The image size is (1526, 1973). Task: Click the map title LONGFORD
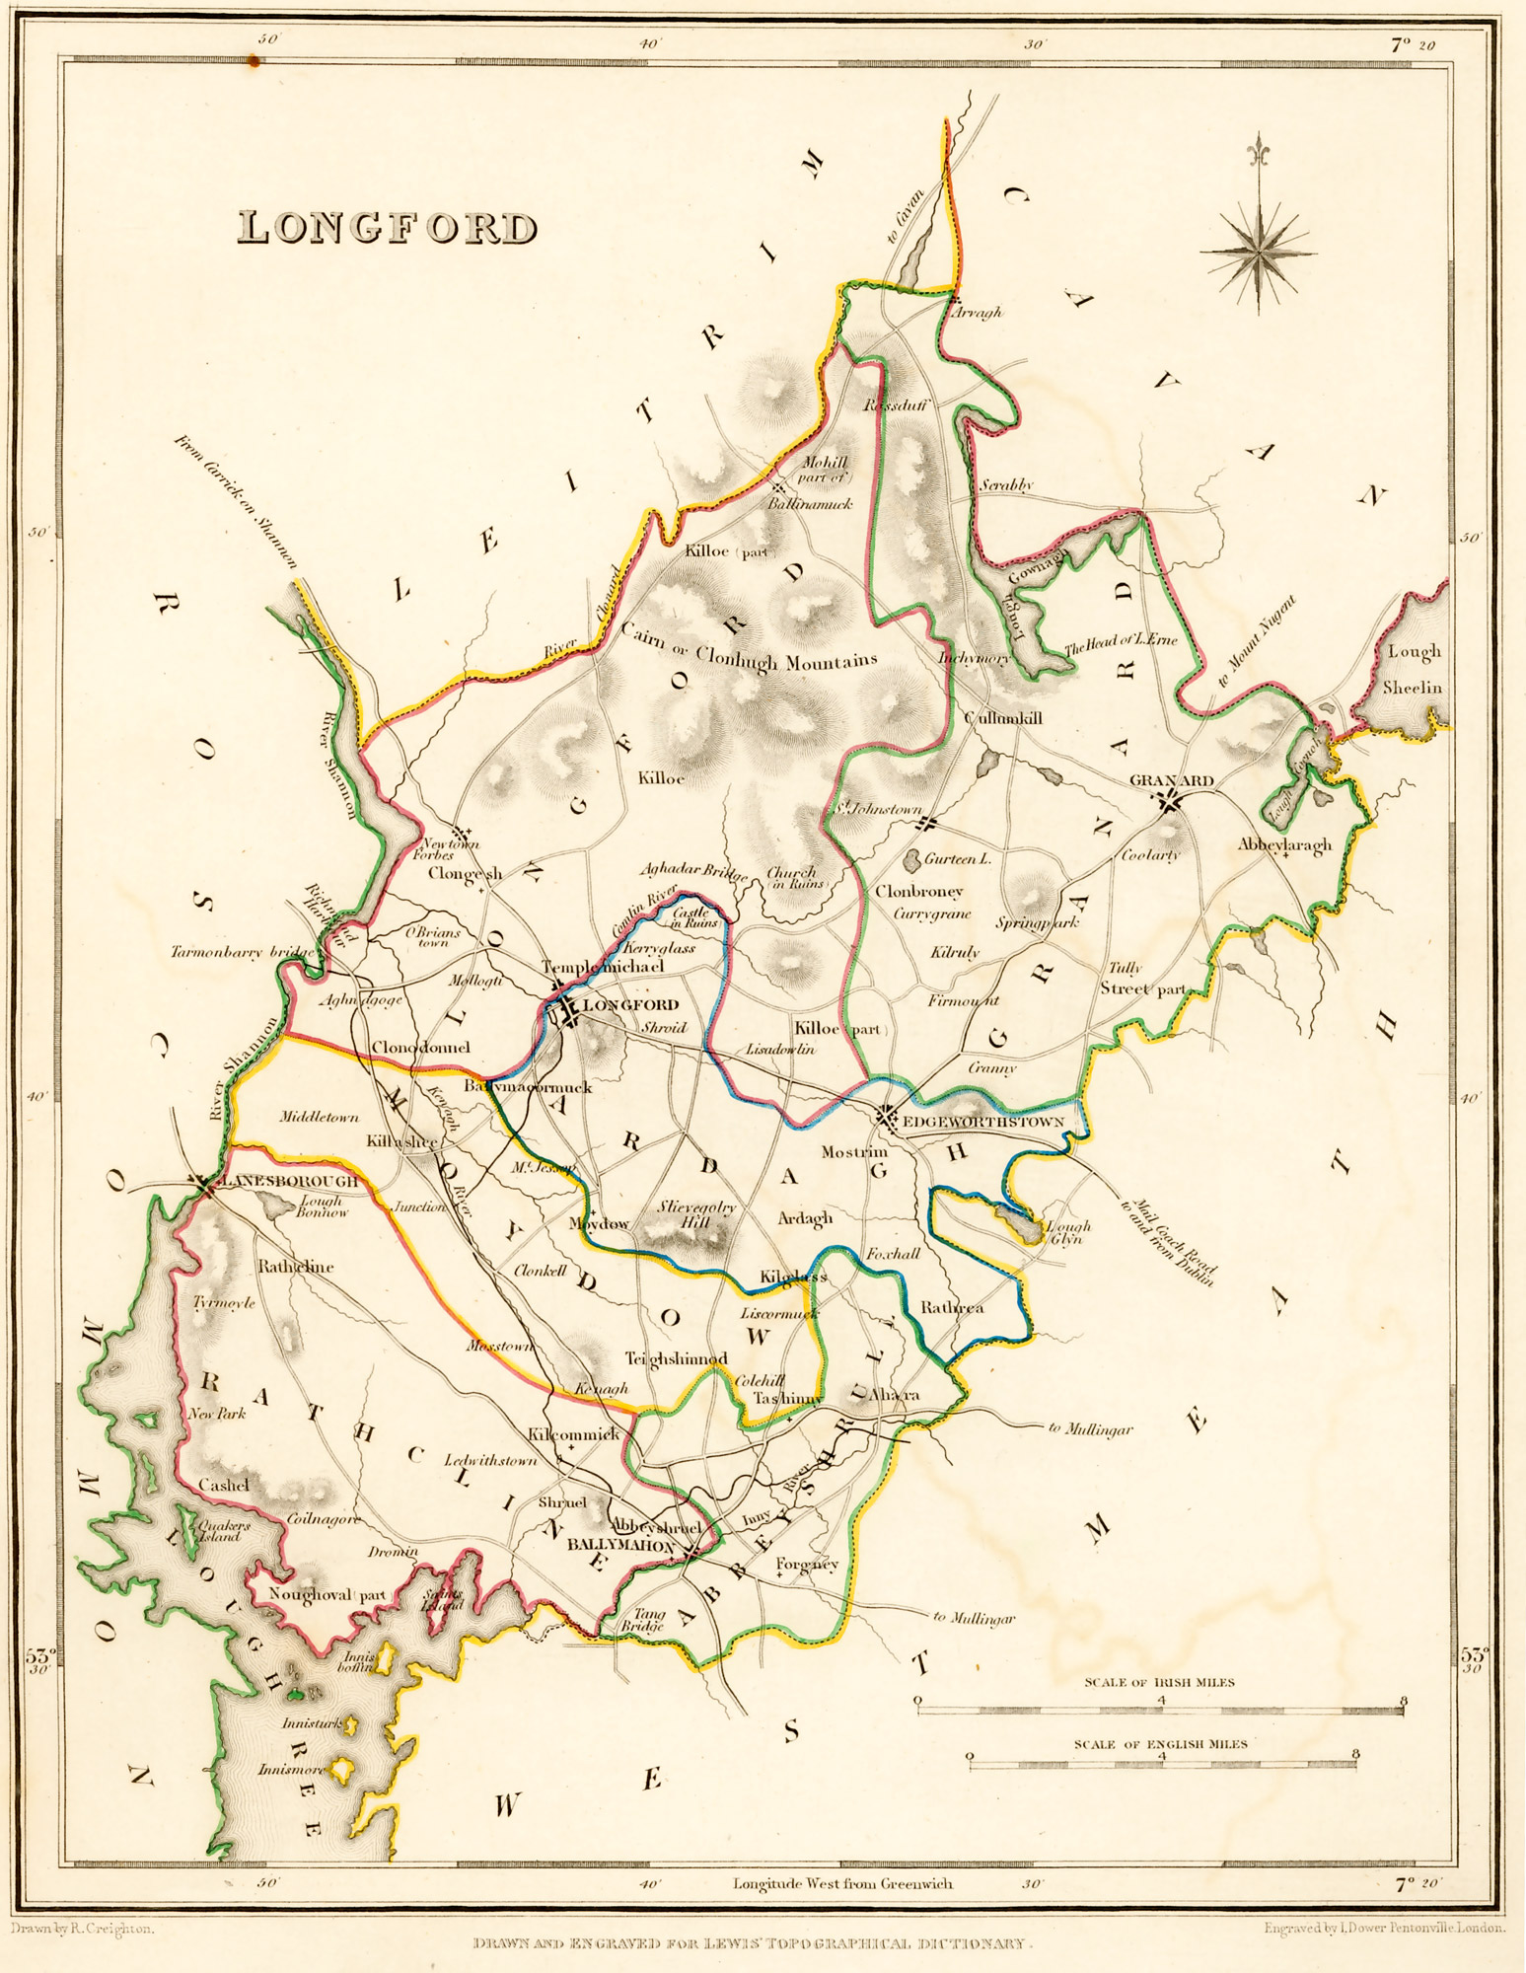(388, 228)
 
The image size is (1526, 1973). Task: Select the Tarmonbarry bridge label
(243, 953)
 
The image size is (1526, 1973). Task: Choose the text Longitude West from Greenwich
(842, 1883)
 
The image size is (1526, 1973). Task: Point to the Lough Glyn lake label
(1067, 1233)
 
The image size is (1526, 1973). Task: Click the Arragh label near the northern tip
(977, 313)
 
